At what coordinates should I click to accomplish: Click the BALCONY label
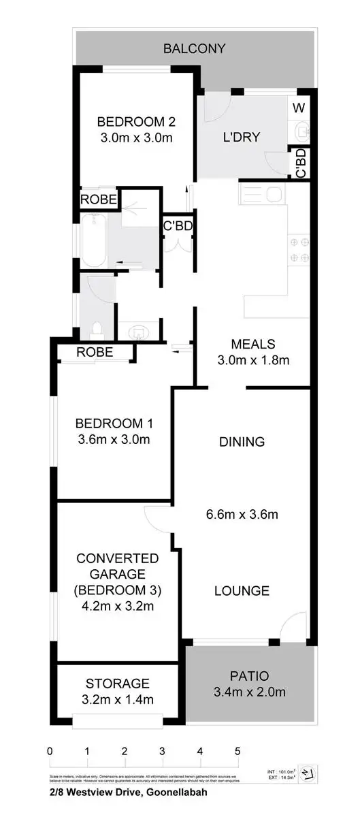pyautogui.click(x=194, y=48)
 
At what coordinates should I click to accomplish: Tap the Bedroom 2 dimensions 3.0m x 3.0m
pyautogui.click(x=136, y=138)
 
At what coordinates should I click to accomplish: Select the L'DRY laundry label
pyautogui.click(x=242, y=137)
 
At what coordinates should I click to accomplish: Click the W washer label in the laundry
pyautogui.click(x=299, y=108)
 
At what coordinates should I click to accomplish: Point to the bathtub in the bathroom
pyautogui.click(x=93, y=241)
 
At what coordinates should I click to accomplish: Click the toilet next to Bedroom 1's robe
pyautogui.click(x=97, y=328)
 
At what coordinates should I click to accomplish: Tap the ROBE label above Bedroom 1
pyautogui.click(x=95, y=353)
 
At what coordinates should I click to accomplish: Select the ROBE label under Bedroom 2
pyautogui.click(x=99, y=199)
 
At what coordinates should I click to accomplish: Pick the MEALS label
pyautogui.click(x=252, y=343)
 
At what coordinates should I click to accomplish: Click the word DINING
pyautogui.click(x=242, y=442)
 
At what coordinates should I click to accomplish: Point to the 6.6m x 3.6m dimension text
pyautogui.click(x=242, y=515)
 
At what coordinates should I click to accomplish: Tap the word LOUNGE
pyautogui.click(x=242, y=590)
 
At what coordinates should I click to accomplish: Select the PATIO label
pyautogui.click(x=249, y=676)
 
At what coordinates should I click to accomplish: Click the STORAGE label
pyautogui.click(x=118, y=683)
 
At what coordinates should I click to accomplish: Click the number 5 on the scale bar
pyautogui.click(x=238, y=752)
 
